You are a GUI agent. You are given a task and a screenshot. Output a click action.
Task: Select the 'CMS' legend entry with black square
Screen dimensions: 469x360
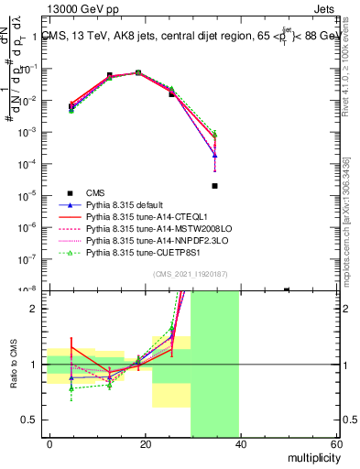[95, 192]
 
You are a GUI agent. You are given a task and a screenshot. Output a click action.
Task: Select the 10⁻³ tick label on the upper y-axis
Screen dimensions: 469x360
[29, 132]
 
